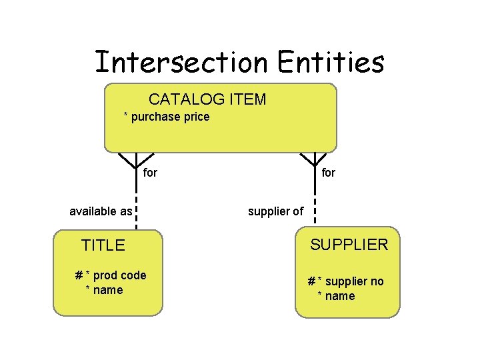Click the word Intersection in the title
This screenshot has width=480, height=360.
coord(181,62)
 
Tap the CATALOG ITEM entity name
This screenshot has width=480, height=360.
coord(207,100)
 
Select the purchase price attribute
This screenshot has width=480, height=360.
coord(170,117)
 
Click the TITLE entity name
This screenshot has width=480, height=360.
coord(103,245)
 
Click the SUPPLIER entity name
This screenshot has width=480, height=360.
coord(349,245)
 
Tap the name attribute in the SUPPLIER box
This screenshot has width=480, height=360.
coord(339,296)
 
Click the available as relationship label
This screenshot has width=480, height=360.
coord(101,212)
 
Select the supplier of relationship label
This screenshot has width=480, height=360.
coord(275,212)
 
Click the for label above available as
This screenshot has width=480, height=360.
coord(151,173)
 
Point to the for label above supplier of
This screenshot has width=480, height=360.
coord(329,173)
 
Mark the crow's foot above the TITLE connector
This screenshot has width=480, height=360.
coord(136,160)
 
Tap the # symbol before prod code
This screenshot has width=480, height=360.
coord(79,276)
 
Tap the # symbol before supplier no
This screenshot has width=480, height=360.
coord(311,281)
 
